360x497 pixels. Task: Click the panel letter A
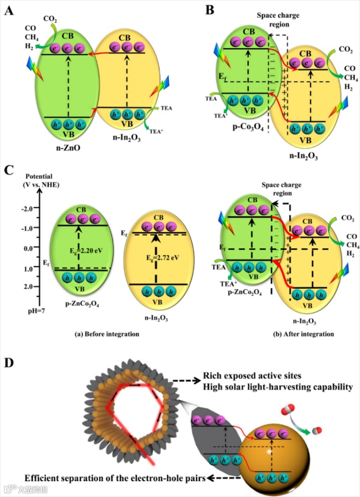click(x=9, y=10)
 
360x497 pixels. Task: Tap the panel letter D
click(x=9, y=363)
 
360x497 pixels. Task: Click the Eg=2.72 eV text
click(x=159, y=256)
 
